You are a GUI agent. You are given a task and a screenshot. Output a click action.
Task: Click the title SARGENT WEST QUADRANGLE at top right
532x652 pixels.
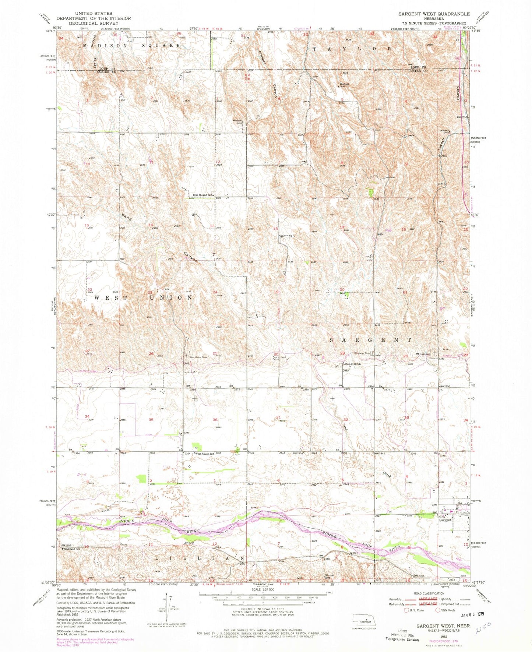click(434, 14)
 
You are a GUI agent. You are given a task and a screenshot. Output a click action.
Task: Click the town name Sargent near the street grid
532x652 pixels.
click(445, 520)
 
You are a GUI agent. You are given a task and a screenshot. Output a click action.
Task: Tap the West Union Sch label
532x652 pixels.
click(205, 454)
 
